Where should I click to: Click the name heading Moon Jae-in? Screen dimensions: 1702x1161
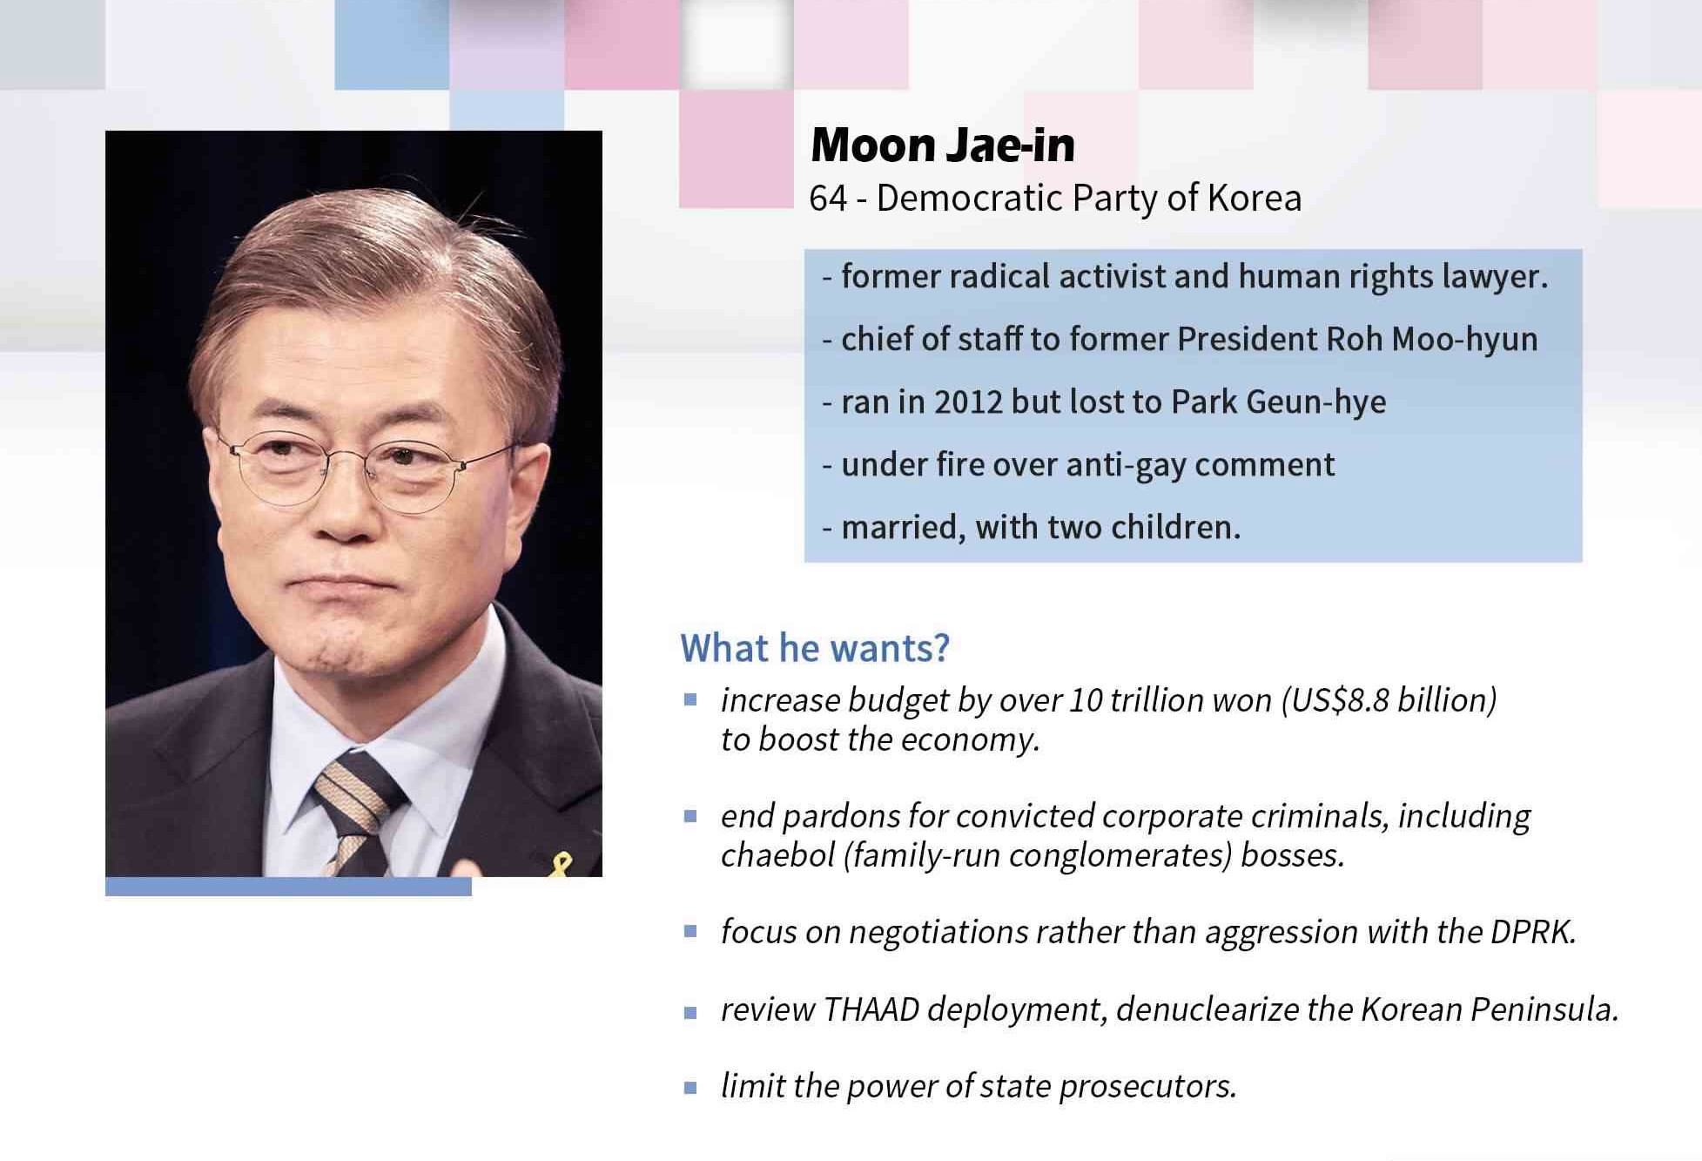(x=943, y=145)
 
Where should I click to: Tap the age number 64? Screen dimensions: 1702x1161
(x=828, y=199)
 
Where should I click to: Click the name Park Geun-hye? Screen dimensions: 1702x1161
(x=1278, y=402)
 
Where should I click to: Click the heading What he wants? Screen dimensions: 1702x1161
(x=815, y=648)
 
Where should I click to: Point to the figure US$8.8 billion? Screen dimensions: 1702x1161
(x=1389, y=700)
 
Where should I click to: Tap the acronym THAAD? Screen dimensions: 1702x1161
(x=871, y=1009)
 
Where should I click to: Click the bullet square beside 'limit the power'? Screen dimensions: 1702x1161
(x=690, y=1087)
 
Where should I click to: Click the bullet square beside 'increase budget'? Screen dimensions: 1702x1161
(x=690, y=699)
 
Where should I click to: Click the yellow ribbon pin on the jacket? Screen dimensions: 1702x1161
(x=562, y=865)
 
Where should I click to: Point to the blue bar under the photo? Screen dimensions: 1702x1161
(x=288, y=887)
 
